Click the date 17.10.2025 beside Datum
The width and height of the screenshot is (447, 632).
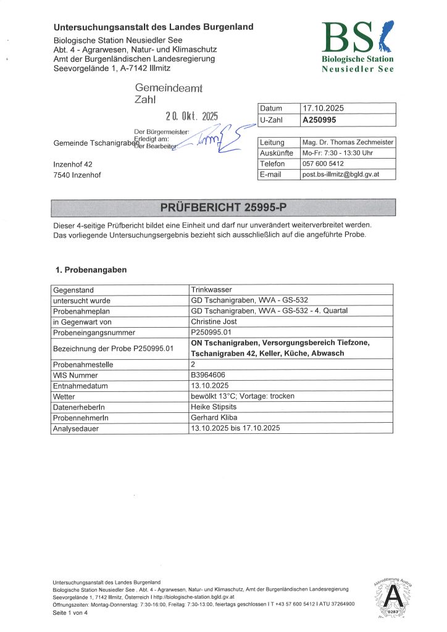pos(322,109)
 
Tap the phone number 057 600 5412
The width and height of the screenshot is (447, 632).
pos(323,164)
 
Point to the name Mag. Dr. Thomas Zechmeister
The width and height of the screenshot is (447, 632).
pos(346,142)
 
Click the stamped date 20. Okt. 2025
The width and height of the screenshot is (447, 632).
pos(191,115)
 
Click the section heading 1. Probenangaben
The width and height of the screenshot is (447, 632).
pos(90,270)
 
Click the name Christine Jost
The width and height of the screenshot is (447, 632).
pos(214,322)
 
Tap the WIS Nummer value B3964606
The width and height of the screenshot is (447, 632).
pos(211,374)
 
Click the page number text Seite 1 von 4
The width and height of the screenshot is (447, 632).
pos(70,613)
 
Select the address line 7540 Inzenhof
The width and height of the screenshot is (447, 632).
pos(77,175)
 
